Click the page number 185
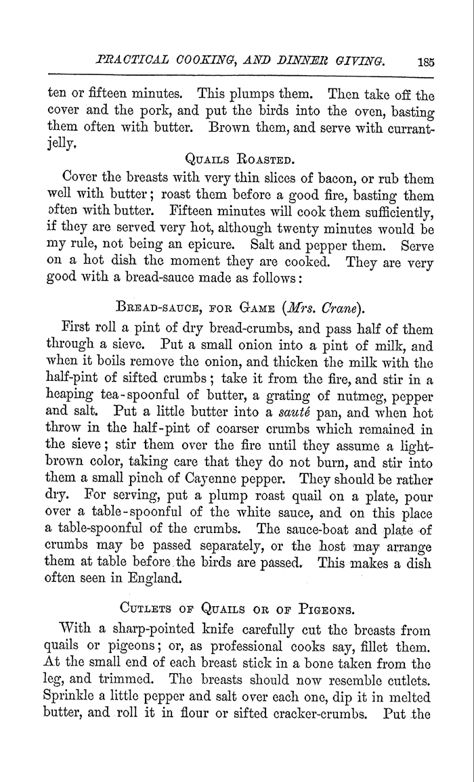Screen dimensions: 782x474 [x=426, y=62]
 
